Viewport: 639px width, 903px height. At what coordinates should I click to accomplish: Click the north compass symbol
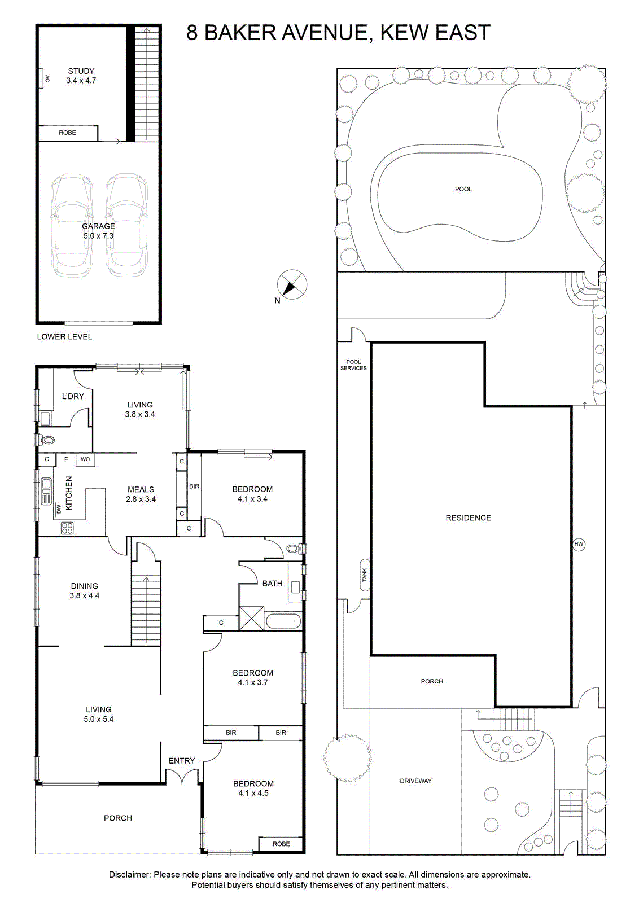pyautogui.click(x=292, y=284)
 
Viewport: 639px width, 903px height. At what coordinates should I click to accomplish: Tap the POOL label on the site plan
pyautogui.click(x=463, y=189)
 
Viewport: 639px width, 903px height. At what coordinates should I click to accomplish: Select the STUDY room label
pyautogui.click(x=81, y=71)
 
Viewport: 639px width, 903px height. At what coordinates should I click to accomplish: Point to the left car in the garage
pyautogui.click(x=72, y=226)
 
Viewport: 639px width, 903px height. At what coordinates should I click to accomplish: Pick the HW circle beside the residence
pyautogui.click(x=579, y=544)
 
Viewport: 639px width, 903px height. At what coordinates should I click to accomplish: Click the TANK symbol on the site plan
pyautogui.click(x=365, y=575)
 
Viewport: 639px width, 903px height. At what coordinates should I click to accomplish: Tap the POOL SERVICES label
pyautogui.click(x=353, y=365)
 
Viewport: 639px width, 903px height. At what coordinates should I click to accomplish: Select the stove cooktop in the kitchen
pyautogui.click(x=67, y=528)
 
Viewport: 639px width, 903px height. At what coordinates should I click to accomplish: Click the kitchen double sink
pyautogui.click(x=46, y=490)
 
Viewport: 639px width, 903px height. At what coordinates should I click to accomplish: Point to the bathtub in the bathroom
pyautogui.click(x=283, y=622)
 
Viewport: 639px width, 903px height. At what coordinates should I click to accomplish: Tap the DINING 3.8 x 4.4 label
pyautogui.click(x=84, y=590)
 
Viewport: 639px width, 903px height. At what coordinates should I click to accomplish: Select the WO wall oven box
pyautogui.click(x=85, y=459)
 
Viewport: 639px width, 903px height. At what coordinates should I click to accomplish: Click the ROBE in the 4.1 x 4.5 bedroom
pyautogui.click(x=281, y=844)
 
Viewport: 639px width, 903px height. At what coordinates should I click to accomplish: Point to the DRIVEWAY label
pyautogui.click(x=415, y=781)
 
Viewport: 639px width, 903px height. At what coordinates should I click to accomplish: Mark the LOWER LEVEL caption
pyautogui.click(x=64, y=336)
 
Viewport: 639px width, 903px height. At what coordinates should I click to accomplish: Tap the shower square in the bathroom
pyautogui.click(x=252, y=618)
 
